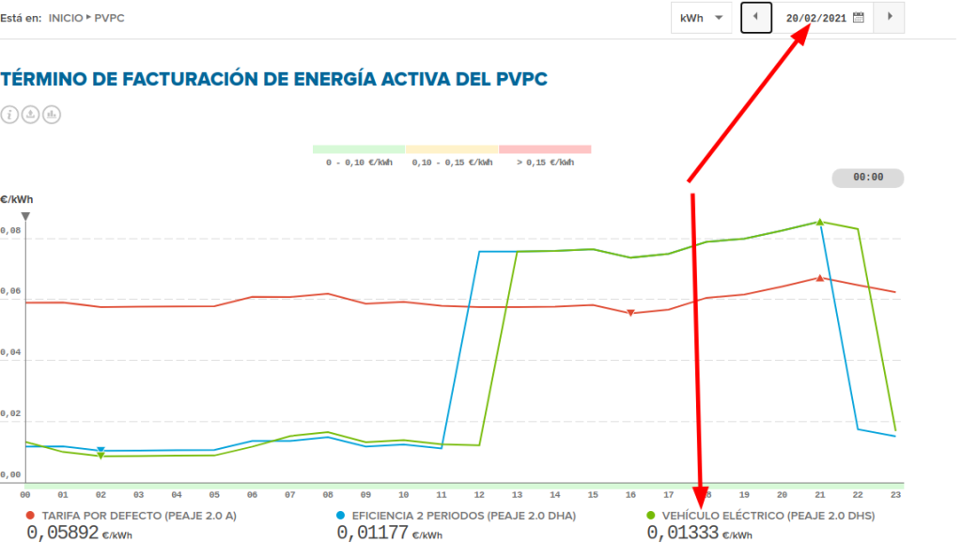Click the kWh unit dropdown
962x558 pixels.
pyautogui.click(x=701, y=18)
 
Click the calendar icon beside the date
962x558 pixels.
pyautogui.click(x=858, y=18)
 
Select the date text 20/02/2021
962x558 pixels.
pyautogui.click(x=816, y=18)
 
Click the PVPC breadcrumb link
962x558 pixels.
pyautogui.click(x=110, y=18)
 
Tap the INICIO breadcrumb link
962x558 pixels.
pyautogui.click(x=66, y=18)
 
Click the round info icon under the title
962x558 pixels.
pyautogui.click(x=10, y=115)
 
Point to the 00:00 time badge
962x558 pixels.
pyautogui.click(x=867, y=178)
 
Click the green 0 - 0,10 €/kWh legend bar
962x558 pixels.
pyautogui.click(x=358, y=149)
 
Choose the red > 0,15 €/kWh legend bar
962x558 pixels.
pyautogui.click(x=545, y=149)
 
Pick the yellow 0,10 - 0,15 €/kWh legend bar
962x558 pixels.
pyautogui.click(x=451, y=149)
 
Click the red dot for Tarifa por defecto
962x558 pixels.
pyautogui.click(x=31, y=516)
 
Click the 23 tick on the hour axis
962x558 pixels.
pyautogui.click(x=895, y=494)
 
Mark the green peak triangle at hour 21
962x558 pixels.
pyautogui.click(x=820, y=223)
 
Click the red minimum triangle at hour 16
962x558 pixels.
pyautogui.click(x=631, y=313)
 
